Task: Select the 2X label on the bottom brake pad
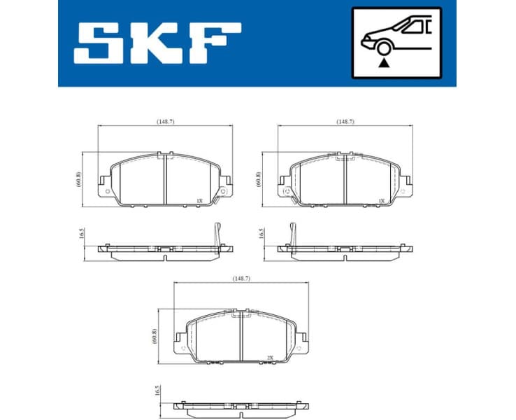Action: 270,358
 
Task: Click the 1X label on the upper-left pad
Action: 199,201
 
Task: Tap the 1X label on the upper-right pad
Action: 381,201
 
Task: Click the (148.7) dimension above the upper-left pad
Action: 165,122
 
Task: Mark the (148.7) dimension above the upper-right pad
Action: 345,122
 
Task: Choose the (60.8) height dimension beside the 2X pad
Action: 154,337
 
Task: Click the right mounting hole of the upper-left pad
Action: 222,190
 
